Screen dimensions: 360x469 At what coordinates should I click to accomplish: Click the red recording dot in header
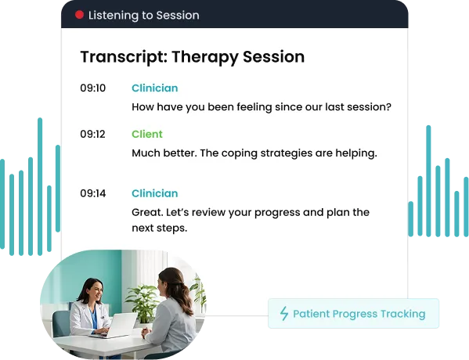[x=79, y=15]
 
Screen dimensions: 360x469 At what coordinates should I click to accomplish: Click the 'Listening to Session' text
[x=143, y=15]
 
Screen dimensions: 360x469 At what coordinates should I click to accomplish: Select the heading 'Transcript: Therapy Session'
[x=192, y=57]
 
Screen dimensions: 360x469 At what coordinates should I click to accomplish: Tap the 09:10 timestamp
[x=92, y=88]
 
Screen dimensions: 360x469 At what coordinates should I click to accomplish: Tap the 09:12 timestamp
[x=92, y=135]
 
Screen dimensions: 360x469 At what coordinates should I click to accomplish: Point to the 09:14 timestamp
[x=92, y=193]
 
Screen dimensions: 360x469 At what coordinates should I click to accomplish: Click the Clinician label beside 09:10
[x=154, y=88]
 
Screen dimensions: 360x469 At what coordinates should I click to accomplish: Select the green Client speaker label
[x=147, y=135]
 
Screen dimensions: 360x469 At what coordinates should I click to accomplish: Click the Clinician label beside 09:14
[x=154, y=193]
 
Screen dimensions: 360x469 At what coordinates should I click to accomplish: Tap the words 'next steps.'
[x=160, y=229]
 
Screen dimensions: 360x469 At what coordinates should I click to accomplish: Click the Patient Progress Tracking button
[x=353, y=314]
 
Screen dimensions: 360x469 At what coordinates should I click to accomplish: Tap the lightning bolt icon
[x=284, y=314]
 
